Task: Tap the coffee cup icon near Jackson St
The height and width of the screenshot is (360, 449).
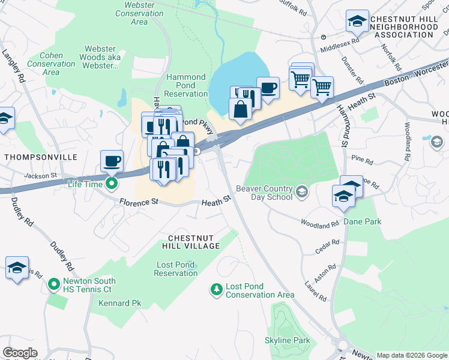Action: (x=112, y=161)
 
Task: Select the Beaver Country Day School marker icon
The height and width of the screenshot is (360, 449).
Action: (x=303, y=193)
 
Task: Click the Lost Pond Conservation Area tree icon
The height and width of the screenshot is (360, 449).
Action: (x=216, y=290)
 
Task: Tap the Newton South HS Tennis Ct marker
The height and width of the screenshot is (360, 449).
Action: (x=53, y=283)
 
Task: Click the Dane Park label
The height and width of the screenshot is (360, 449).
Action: (x=362, y=221)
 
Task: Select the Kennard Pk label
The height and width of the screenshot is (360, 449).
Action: (x=120, y=304)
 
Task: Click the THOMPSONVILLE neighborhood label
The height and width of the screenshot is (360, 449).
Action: (x=40, y=157)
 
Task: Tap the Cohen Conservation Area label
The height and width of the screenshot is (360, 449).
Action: (x=51, y=64)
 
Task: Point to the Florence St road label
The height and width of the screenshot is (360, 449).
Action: (x=138, y=202)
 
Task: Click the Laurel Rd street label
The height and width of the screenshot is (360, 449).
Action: (x=316, y=290)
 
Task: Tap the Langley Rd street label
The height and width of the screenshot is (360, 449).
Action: (x=17, y=66)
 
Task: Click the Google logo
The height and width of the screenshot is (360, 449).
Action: (x=20, y=353)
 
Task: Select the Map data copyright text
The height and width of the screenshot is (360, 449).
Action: (x=412, y=355)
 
